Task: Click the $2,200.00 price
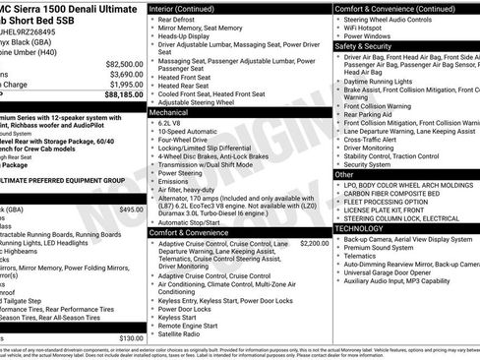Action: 314,243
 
